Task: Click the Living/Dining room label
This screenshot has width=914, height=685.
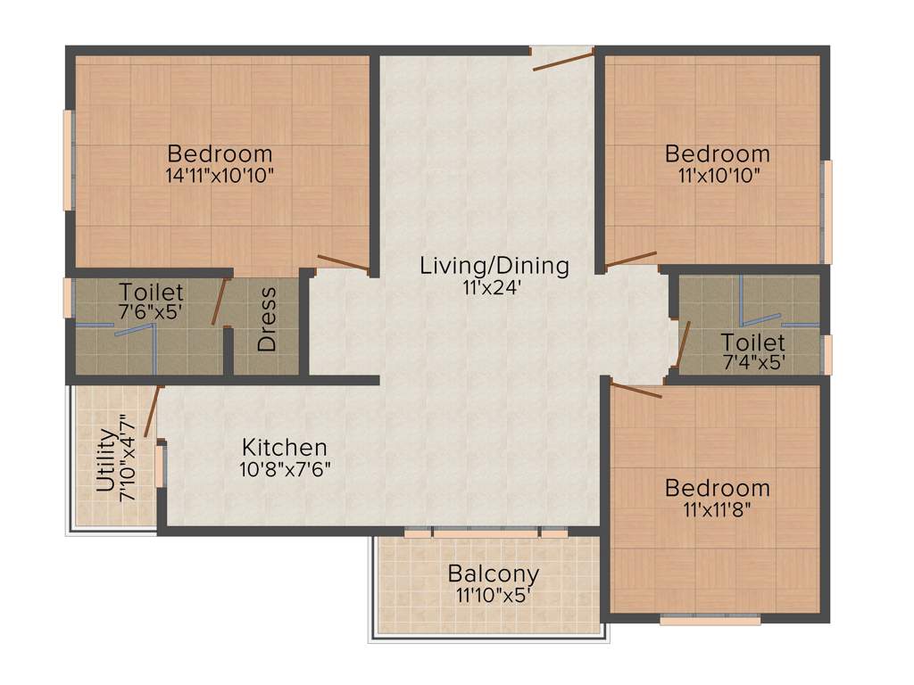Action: [494, 265]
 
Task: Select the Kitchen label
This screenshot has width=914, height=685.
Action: [285, 447]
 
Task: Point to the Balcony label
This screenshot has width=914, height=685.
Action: [493, 573]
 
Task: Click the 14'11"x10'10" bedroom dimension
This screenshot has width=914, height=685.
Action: [220, 175]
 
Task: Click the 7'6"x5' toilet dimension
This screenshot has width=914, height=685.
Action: [152, 312]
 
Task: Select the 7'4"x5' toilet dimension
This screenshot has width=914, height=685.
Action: [753, 363]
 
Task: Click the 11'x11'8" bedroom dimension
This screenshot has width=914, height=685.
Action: [717, 510]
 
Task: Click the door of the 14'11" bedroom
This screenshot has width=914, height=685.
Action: [344, 263]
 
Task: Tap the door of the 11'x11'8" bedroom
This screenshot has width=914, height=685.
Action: [636, 389]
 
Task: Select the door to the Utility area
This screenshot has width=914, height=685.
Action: [152, 412]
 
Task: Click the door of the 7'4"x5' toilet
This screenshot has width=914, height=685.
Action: [683, 344]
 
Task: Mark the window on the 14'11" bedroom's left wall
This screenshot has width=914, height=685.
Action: [67, 161]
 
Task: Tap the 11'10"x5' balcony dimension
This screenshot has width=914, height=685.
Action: [493, 594]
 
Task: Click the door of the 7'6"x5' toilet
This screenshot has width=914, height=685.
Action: [218, 302]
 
